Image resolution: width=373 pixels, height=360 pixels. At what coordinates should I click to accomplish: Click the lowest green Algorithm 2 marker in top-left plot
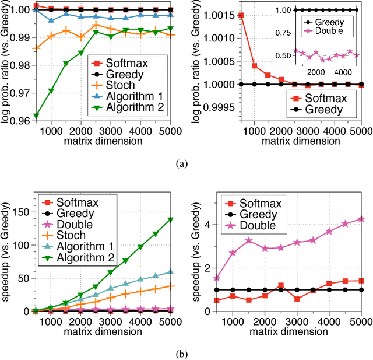(37, 116)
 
